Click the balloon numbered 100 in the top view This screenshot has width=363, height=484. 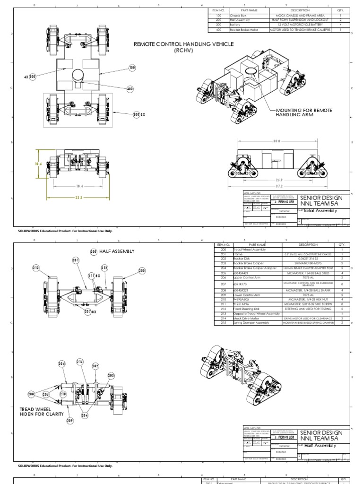(x=132, y=68)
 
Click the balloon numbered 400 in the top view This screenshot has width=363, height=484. (x=130, y=88)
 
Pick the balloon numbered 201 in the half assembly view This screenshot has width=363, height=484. (x=76, y=260)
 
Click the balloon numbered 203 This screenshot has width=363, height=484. (x=112, y=375)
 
